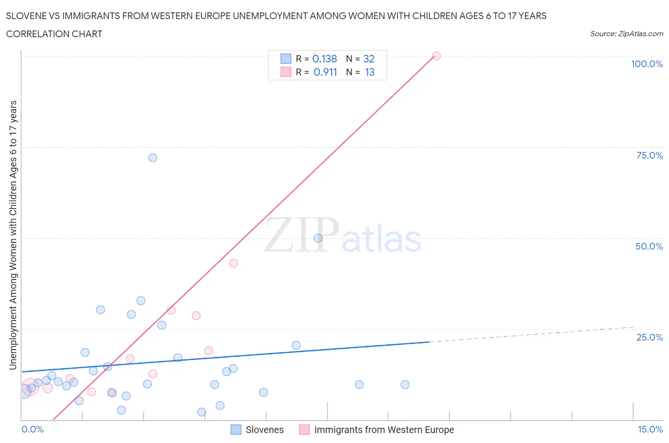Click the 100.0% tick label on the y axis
click(647, 64)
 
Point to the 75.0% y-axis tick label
click(649, 155)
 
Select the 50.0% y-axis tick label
click(649, 246)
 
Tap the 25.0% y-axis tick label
click(649, 337)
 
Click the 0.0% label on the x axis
click(32, 429)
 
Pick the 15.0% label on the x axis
click(650, 429)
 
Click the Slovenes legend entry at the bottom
click(264, 430)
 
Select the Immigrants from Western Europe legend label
click(384, 430)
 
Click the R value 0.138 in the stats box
click(325, 59)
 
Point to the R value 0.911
click(325, 72)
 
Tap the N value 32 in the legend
click(369, 59)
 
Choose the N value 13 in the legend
click(369, 72)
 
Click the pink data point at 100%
click(436, 56)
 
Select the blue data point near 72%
click(153, 158)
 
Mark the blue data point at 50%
click(318, 238)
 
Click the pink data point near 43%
click(234, 263)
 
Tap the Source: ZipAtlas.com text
click(626, 34)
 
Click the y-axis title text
click(13, 235)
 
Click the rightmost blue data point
click(405, 384)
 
